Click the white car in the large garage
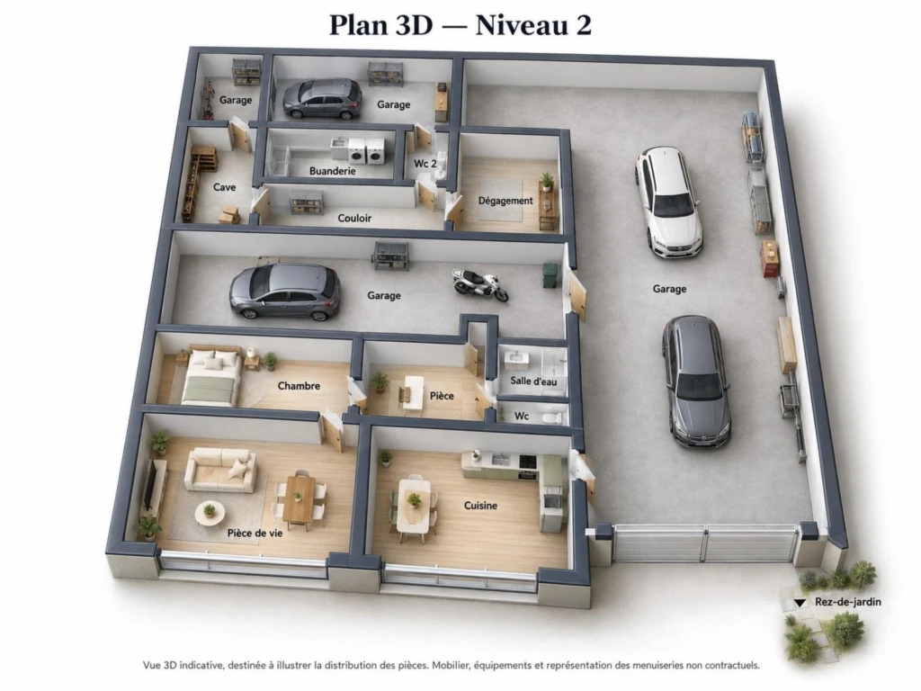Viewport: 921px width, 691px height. point(668,202)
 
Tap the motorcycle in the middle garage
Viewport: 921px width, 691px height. point(480,285)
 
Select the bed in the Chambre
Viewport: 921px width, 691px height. point(212,377)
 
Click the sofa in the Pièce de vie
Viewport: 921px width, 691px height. point(221,470)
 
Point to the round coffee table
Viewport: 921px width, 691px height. point(210,512)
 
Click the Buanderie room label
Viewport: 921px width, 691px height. point(333,171)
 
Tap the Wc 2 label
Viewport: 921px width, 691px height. point(425,164)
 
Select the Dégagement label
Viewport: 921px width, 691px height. point(505,201)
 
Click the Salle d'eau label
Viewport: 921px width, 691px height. point(533,381)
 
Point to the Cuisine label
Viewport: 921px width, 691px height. point(480,506)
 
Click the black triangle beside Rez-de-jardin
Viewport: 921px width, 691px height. point(800,603)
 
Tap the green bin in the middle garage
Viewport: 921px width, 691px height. point(550,275)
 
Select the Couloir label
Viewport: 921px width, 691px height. point(354,218)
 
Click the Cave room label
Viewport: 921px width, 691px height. point(224,187)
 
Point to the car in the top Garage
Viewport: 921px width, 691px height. point(323,98)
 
